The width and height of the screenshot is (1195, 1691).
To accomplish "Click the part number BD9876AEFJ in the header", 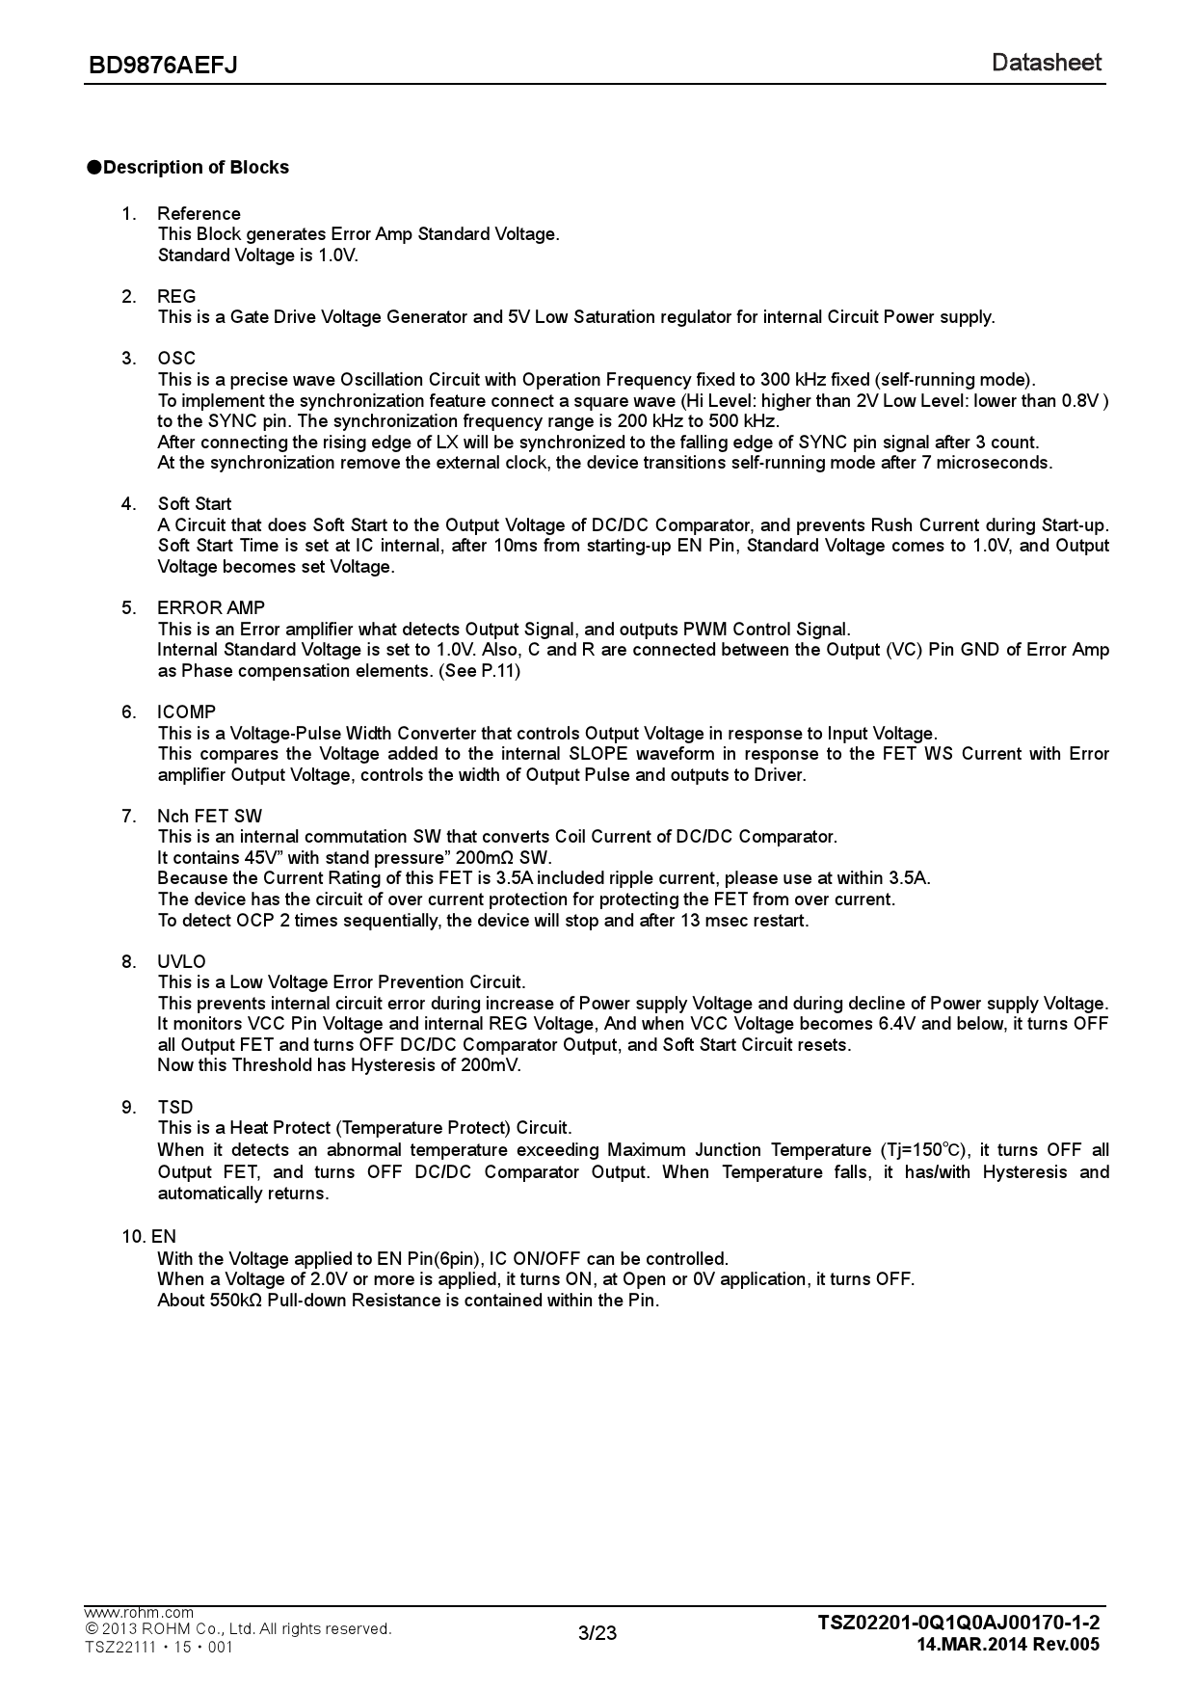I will point(163,66).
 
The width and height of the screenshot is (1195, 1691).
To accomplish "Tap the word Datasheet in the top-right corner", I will point(1046,63).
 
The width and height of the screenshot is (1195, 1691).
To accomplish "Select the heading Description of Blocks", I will point(196,168).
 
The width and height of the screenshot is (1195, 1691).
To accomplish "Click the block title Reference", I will point(199,213).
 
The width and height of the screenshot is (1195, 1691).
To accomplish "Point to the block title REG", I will point(176,296).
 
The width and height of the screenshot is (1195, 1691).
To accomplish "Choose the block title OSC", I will point(176,359).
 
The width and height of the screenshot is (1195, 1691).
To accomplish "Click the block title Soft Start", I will point(195,504).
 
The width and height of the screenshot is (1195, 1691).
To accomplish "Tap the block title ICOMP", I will point(187,711).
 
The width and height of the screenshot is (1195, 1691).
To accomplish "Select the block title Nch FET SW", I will point(209,816).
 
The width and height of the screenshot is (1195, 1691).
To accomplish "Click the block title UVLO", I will point(181,961).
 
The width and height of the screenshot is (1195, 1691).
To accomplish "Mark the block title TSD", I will point(175,1107).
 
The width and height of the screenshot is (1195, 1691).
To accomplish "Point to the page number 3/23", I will point(597,1632).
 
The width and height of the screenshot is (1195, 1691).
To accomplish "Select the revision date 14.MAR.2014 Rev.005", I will point(1008,1645).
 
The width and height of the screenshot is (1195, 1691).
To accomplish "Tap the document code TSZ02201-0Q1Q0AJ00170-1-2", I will point(958,1623).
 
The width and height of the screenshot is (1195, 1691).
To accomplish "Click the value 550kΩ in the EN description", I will point(235,1301).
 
